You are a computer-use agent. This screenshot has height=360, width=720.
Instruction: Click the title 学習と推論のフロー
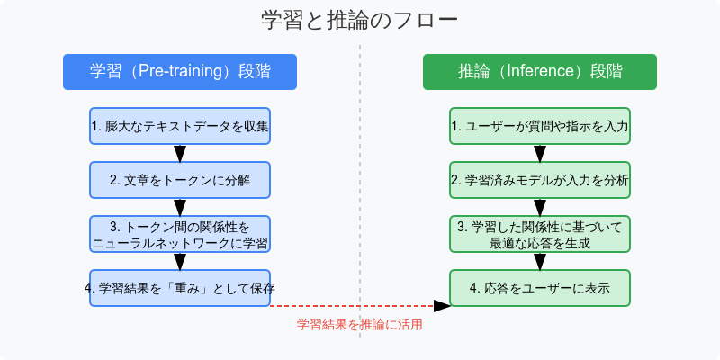pyautogui.click(x=359, y=21)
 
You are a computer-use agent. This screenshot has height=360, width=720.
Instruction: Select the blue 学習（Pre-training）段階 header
pyautogui.click(x=180, y=72)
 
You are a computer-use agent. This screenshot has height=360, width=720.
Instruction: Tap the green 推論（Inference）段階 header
pyautogui.click(x=540, y=72)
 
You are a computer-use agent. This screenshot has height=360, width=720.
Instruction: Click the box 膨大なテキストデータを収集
pyautogui.click(x=180, y=126)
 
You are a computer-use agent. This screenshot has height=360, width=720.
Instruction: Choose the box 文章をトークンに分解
pyautogui.click(x=180, y=180)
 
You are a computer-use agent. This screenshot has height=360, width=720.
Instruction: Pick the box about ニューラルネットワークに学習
pyautogui.click(x=180, y=234)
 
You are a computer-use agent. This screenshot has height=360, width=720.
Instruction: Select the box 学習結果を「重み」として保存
pyautogui.click(x=180, y=288)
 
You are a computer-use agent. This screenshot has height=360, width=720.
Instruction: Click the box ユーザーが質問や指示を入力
pyautogui.click(x=540, y=126)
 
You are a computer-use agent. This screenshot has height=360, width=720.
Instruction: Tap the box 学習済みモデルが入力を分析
pyautogui.click(x=540, y=180)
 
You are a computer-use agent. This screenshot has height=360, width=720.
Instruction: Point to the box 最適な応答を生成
pyautogui.click(x=540, y=234)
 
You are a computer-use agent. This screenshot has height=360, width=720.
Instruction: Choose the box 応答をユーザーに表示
pyautogui.click(x=540, y=288)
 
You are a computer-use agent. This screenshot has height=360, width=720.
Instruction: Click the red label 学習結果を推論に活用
pyautogui.click(x=359, y=325)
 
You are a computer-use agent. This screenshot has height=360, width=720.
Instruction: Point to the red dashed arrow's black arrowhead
pyautogui.click(x=442, y=306)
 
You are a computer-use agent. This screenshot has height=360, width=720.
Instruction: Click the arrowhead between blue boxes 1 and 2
pyautogui.click(x=180, y=154)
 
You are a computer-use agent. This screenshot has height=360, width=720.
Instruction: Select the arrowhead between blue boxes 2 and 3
pyautogui.click(x=180, y=208)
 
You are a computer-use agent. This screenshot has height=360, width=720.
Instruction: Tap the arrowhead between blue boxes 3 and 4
pyautogui.click(x=180, y=262)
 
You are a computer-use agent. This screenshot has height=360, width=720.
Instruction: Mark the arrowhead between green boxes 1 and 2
pyautogui.click(x=540, y=154)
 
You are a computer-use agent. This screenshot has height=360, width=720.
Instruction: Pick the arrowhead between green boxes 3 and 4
pyautogui.click(x=540, y=262)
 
